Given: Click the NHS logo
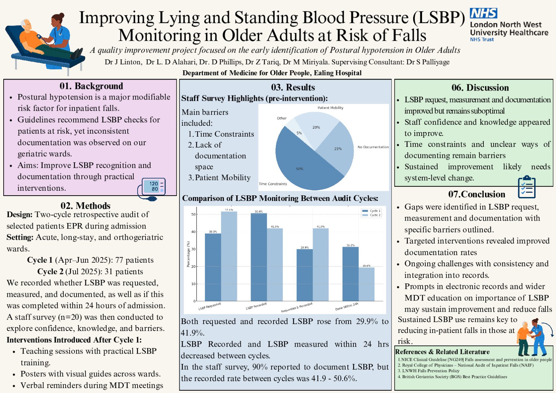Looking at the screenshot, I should pyautogui.click(x=483, y=14).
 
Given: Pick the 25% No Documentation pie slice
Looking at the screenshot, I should pyautogui.click(x=337, y=149).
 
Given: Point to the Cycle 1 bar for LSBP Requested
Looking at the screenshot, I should pyautogui.click(x=213, y=267).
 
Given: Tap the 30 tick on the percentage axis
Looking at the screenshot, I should pyautogui.click(x=193, y=249).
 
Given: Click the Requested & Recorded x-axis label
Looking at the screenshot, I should pyautogui.click(x=296, y=307).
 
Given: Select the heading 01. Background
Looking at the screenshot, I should pyautogui.click(x=91, y=86).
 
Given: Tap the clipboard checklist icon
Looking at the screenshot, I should pyautogui.click(x=526, y=187).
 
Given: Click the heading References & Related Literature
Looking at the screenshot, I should pyautogui.click(x=442, y=352).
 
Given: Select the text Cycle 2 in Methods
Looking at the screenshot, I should pyautogui.click(x=50, y=271).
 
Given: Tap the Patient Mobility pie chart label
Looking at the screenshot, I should pyautogui.click(x=330, y=108).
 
